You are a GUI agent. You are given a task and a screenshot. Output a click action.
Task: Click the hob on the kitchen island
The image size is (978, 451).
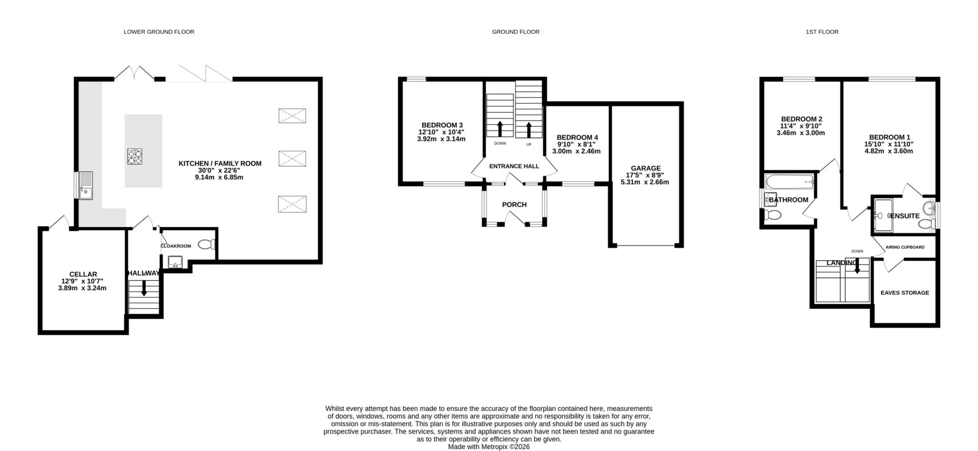135,156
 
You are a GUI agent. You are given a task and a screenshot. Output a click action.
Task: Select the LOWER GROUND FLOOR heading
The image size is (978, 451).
159,32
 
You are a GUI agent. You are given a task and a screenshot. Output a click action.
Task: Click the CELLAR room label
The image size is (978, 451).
83,274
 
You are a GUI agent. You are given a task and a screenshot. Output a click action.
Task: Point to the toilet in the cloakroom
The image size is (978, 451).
206,245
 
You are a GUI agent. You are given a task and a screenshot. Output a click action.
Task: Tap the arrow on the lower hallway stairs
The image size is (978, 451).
144,289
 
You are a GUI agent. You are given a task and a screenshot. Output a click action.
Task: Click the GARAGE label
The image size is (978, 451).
645,168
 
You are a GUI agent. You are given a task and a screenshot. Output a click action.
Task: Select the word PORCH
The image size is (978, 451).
514,205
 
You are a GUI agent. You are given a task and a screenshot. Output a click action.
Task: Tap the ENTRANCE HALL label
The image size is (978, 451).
514,166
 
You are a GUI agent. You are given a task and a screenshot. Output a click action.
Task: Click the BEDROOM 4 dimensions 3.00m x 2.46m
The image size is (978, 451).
577,151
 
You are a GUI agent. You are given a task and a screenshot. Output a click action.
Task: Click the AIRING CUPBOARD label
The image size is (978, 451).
905,247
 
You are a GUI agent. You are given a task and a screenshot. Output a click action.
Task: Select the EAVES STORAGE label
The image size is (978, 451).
905,293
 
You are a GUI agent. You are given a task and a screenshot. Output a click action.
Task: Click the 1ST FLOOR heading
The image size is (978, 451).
822,32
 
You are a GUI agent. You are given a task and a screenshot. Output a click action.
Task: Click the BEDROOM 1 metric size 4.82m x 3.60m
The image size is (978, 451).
889,151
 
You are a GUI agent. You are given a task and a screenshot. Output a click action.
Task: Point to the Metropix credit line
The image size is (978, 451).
488,447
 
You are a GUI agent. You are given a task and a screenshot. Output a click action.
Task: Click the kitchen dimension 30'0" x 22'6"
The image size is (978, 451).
220,171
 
